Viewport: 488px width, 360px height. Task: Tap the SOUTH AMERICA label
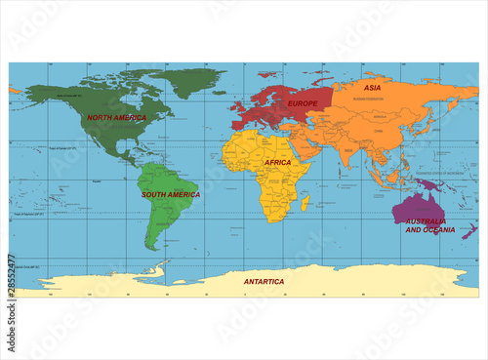tap(171, 194)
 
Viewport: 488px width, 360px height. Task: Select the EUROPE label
tap(304, 101)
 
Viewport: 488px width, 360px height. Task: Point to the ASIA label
tap(373, 88)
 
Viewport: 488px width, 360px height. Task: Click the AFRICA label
tap(278, 162)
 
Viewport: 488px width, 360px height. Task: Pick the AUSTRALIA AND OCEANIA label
tap(430, 225)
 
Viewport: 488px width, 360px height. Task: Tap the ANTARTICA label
tap(264, 281)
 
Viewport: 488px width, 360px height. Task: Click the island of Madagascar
tap(306, 203)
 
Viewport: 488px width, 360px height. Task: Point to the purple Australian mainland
tap(409, 207)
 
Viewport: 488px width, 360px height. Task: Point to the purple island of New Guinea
tap(429, 182)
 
